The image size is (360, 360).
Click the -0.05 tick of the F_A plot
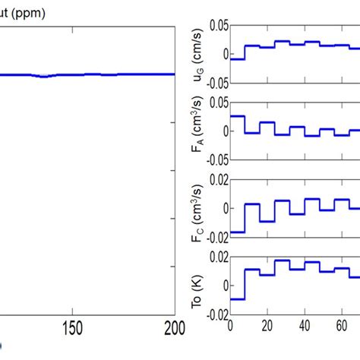[x=214, y=160]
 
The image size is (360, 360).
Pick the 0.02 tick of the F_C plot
[x=216, y=180]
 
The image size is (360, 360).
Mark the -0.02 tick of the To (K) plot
[x=214, y=314]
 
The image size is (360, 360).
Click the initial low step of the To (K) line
[x=236, y=298]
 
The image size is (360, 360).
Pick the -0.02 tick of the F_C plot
[x=214, y=237]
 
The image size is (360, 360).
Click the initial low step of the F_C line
[x=236, y=232]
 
